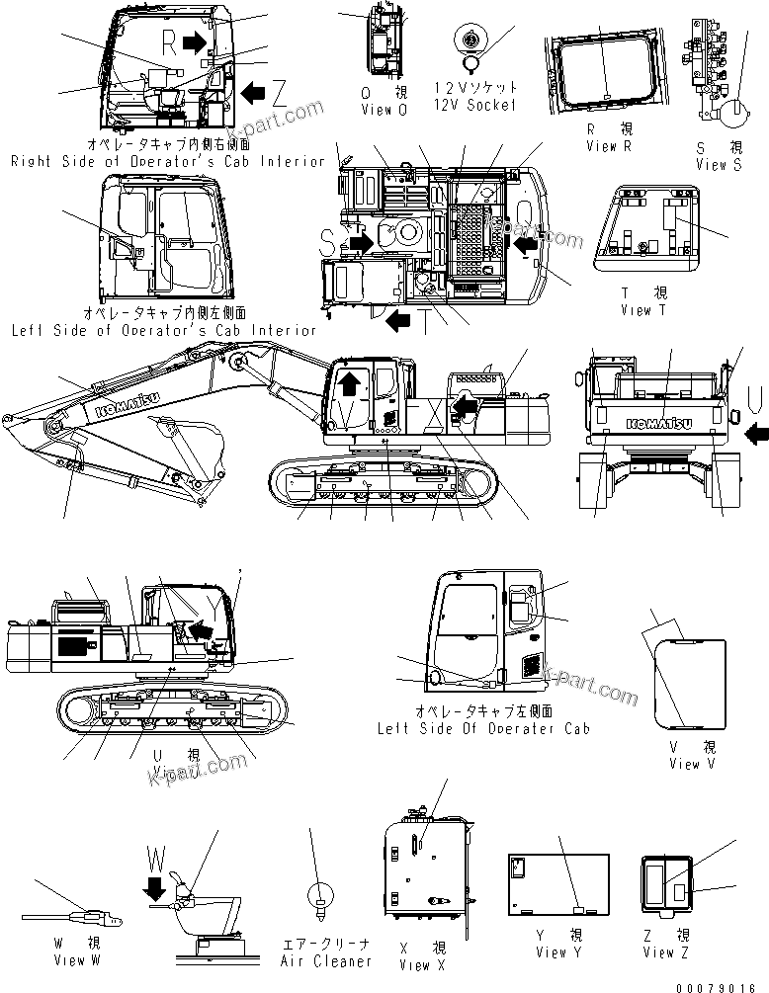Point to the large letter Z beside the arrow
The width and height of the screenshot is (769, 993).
coord(280,94)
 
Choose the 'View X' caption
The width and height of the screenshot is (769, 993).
coord(415,964)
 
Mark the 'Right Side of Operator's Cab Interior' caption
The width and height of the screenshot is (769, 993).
coord(167,160)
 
